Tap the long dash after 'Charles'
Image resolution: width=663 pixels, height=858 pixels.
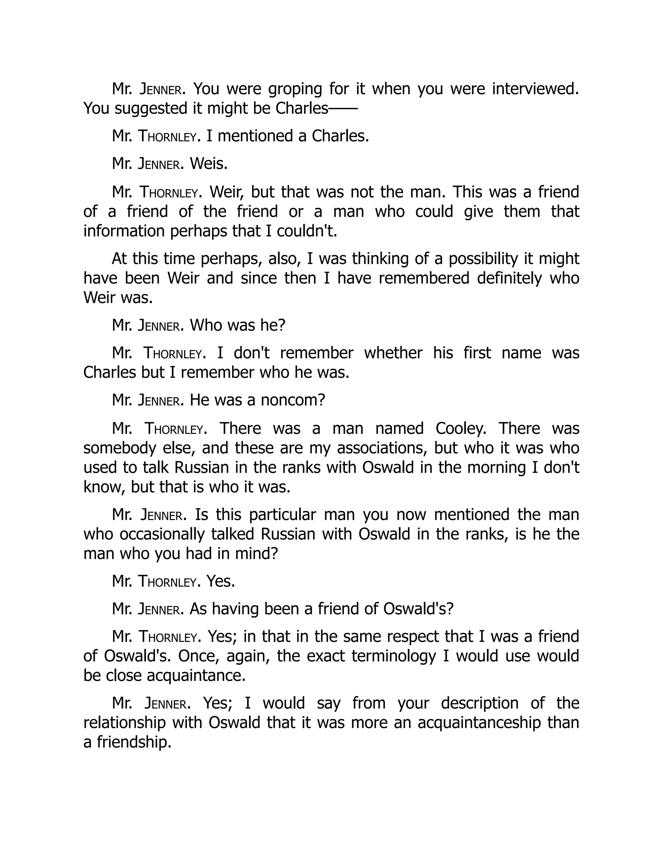pos(343,108)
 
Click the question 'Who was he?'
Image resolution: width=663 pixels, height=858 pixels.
pos(237,325)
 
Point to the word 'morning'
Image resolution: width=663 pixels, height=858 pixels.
pos(500,468)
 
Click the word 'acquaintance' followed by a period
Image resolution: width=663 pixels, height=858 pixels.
pos(195,676)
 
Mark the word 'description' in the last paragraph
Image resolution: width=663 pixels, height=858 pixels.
pos(479,703)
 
